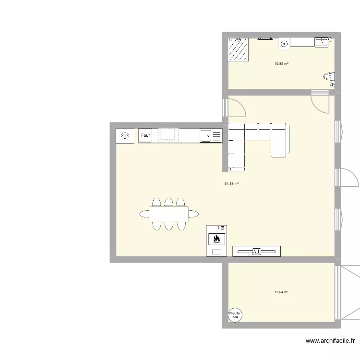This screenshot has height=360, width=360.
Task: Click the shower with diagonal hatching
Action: point(238,50)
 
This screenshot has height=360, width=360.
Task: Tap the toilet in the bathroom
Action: point(329,76)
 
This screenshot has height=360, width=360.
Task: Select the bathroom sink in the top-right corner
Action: point(321,43)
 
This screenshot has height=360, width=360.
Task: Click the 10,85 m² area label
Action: point(281,63)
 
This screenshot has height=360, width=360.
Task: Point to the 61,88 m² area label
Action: point(231,183)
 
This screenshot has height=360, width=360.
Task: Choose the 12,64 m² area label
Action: point(281,292)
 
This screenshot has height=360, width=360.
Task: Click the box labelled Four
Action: point(145,136)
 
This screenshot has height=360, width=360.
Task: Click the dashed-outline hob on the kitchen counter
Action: point(168,134)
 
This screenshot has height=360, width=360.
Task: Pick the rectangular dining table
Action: point(169,214)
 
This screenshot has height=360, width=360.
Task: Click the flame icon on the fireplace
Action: point(216,238)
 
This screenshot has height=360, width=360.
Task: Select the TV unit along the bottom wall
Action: point(256,251)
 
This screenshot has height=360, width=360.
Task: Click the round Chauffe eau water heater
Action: point(235,314)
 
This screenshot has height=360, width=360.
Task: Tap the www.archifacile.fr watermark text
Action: point(330,341)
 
